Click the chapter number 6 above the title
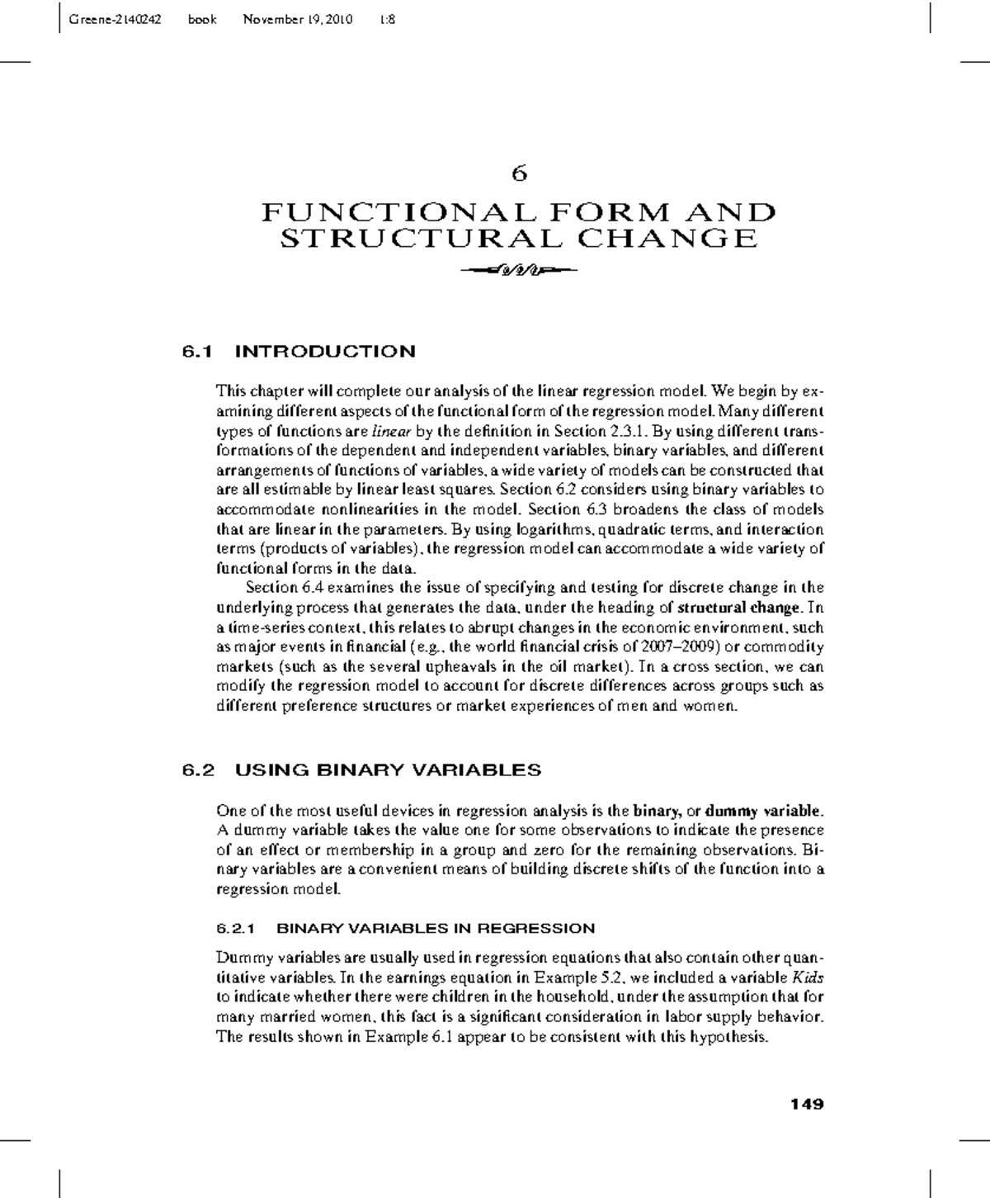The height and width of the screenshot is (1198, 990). click(x=519, y=173)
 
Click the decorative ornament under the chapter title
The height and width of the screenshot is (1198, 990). click(x=519, y=269)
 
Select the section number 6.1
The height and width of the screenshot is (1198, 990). click(x=198, y=352)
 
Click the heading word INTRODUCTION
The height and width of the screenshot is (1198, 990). click(x=325, y=352)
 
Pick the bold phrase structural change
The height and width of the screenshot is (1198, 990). click(x=738, y=608)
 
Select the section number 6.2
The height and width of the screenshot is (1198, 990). click(x=198, y=770)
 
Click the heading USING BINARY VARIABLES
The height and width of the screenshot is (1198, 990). click(x=388, y=770)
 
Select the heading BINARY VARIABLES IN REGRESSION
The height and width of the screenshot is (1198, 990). click(x=435, y=928)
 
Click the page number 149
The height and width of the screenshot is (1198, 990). click(x=807, y=1105)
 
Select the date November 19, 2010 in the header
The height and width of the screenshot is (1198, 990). click(x=298, y=19)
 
